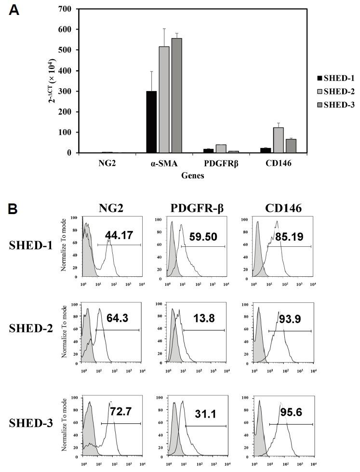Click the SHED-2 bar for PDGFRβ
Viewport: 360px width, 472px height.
221,148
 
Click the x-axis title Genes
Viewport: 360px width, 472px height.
192,175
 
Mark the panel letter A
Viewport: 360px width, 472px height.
15,11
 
